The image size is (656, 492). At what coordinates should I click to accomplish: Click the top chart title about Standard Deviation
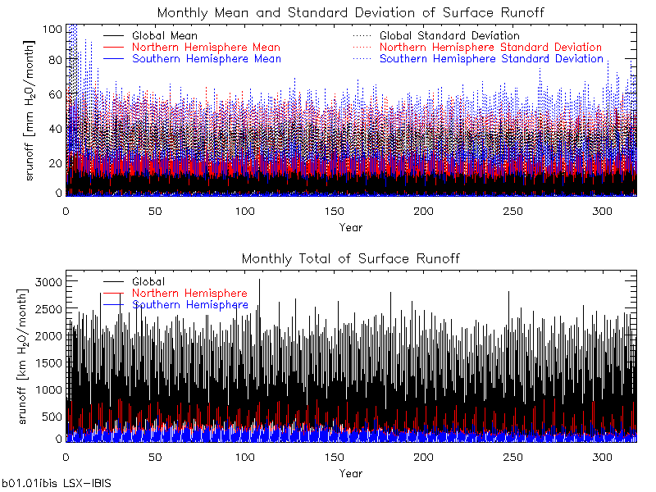pyautogui.click(x=350, y=13)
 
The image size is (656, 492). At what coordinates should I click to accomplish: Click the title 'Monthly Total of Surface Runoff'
pyautogui.click(x=350, y=259)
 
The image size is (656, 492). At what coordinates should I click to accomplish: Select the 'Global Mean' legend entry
pyautogui.click(x=164, y=36)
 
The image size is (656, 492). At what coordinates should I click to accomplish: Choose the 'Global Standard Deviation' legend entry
pyautogui.click(x=449, y=36)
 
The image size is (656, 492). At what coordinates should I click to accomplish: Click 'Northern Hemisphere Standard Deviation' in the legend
pyautogui.click(x=490, y=48)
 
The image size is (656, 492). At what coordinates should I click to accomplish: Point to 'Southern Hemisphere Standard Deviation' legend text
pyautogui.click(x=491, y=59)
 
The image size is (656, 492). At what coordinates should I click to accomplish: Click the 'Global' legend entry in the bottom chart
pyautogui.click(x=148, y=282)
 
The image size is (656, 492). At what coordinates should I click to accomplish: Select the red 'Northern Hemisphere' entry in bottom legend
pyautogui.click(x=189, y=294)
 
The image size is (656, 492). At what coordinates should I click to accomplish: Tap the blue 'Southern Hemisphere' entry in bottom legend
pyautogui.click(x=189, y=305)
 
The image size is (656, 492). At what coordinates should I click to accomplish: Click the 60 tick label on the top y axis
pyautogui.click(x=55, y=94)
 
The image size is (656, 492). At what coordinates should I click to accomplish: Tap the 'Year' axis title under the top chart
pyautogui.click(x=350, y=227)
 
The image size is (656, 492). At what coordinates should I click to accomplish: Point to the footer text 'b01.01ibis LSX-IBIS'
pyautogui.click(x=56, y=485)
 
